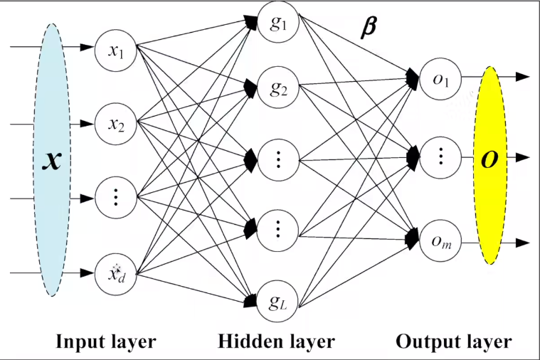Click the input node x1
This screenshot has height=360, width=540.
[x=116, y=51]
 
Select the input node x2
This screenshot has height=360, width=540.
[x=116, y=123]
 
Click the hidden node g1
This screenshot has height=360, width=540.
[x=278, y=23]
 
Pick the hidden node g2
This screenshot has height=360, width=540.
[x=278, y=88]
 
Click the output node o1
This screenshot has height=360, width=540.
[x=440, y=79]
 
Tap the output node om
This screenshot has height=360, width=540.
[x=440, y=240]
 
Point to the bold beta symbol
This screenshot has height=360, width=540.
[x=368, y=28]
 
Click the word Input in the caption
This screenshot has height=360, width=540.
[x=80, y=342]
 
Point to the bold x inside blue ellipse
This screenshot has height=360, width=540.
[x=53, y=161]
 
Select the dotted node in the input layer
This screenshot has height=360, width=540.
[x=116, y=198]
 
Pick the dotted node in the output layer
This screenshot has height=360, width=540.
[x=440, y=157]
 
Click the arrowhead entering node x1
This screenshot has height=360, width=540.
[x=87, y=47]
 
